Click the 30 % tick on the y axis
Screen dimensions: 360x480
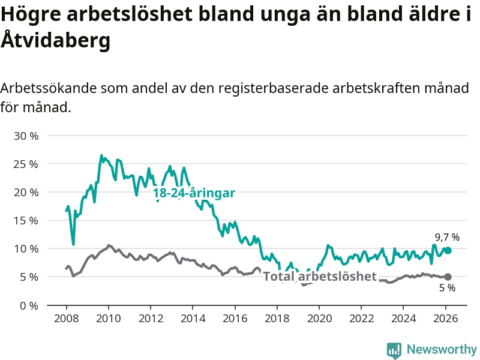(26, 136)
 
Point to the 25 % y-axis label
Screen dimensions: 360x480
(26, 164)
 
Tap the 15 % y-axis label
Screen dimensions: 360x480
(26, 220)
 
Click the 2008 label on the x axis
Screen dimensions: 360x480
(66, 318)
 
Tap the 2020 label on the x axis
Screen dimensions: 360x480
(319, 318)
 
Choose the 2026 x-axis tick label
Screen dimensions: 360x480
(446, 318)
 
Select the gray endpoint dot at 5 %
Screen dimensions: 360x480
(448, 277)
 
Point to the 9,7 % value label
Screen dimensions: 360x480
(447, 237)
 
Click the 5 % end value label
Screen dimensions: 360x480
(447, 288)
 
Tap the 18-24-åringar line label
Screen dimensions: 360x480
(194, 193)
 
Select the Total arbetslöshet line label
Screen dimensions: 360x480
(320, 276)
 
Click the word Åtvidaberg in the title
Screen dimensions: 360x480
(55, 41)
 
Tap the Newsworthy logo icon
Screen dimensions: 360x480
(394, 350)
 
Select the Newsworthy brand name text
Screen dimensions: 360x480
(442, 350)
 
